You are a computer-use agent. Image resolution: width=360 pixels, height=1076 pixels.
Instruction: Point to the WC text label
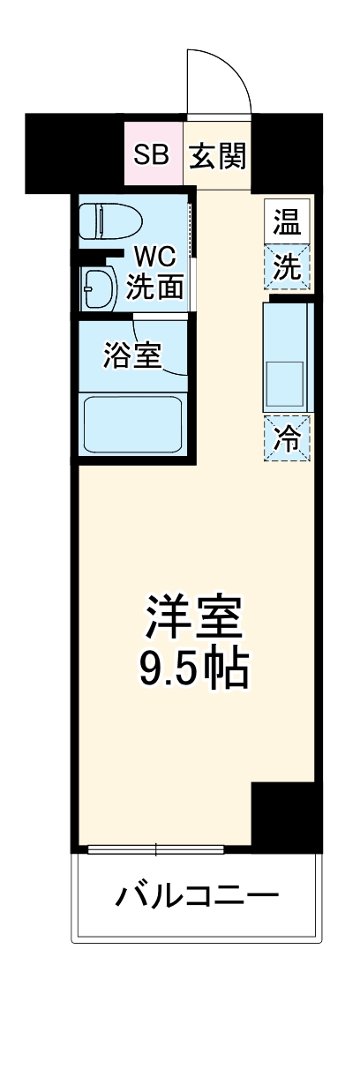[x=156, y=258]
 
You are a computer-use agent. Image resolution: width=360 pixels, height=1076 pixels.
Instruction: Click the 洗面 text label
[x=156, y=288]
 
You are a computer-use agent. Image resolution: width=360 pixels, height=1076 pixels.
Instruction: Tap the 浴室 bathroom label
[x=131, y=355]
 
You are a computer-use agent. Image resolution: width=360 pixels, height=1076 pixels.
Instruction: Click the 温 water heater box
[x=286, y=222]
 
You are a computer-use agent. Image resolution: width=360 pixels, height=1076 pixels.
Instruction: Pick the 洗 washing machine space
[x=286, y=268]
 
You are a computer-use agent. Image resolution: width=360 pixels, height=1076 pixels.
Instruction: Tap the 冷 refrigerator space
[x=286, y=438]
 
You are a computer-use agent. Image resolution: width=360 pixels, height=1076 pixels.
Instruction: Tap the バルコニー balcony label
[x=196, y=898]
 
